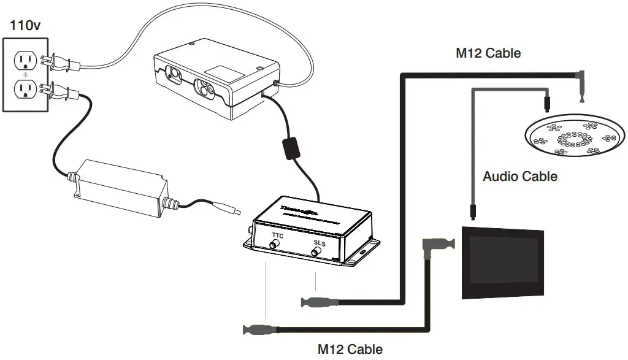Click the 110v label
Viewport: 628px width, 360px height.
click(x=25, y=28)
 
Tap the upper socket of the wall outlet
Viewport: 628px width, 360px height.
click(x=25, y=60)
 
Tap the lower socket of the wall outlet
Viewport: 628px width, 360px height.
click(x=25, y=90)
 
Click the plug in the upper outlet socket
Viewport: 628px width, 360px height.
click(x=50, y=59)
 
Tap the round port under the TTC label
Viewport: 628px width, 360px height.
click(x=274, y=245)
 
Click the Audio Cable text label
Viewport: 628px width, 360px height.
click(x=520, y=177)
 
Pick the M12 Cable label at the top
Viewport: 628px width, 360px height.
click(x=488, y=53)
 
